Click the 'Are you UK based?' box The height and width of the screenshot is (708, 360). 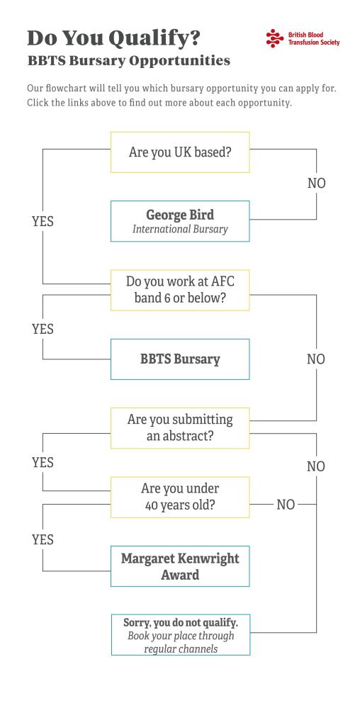pos(180,152)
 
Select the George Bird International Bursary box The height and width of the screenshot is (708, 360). pos(180,221)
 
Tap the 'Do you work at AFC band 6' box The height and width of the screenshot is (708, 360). pos(180,291)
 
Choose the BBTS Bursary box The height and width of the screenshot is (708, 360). pos(180,359)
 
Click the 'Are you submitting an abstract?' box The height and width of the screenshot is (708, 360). pos(180,428)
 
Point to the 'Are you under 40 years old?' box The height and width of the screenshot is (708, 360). pos(180,497)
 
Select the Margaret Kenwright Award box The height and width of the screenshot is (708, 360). pos(180,566)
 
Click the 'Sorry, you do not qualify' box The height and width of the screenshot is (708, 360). pos(180,635)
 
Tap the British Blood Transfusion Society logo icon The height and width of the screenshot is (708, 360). pos(275,38)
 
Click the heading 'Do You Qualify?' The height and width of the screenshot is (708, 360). pos(113,38)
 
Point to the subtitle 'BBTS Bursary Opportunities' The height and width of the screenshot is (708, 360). pos(129,60)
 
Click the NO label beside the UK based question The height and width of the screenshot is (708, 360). pos(316,184)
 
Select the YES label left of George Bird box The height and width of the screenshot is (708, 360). pos(43,221)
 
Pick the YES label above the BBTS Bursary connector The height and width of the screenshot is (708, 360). pos(43,329)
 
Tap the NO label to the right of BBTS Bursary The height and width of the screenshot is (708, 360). pos(316,359)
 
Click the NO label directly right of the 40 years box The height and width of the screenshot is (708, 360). pos(286,505)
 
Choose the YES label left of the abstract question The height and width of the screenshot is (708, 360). pos(43,462)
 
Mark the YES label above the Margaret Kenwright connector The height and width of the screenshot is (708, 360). pos(43,539)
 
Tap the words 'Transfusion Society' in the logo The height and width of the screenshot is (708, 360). pos(314,43)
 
